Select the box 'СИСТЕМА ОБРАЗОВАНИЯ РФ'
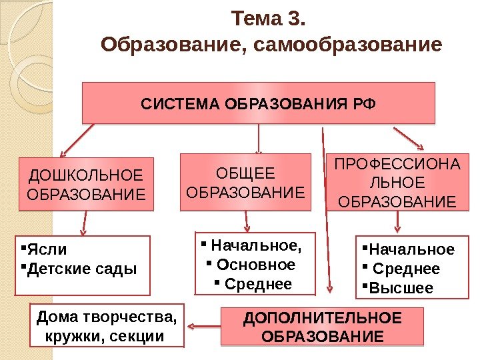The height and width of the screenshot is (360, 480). click(x=258, y=103)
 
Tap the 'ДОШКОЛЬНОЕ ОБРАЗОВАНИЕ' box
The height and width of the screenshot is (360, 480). click(x=85, y=185)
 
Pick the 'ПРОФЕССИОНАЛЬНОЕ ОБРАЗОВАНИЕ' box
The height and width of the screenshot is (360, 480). click(x=395, y=182)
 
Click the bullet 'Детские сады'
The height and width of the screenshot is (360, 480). click(x=81, y=269)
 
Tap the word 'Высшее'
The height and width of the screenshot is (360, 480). click(x=401, y=288)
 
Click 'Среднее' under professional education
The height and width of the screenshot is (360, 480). click(x=406, y=269)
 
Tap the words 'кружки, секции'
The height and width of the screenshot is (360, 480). click(x=103, y=333)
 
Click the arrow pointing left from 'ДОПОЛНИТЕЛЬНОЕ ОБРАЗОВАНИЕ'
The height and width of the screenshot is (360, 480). click(x=203, y=326)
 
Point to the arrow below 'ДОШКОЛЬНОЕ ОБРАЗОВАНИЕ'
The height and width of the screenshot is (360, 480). click(x=84, y=223)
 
